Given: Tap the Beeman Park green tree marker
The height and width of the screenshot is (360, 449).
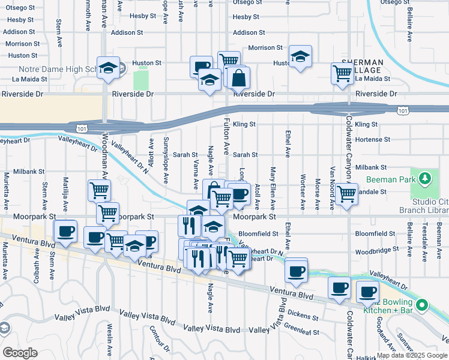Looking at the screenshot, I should pyautogui.click(x=425, y=178).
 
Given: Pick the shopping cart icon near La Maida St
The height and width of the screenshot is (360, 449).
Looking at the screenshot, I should pyautogui.click(x=342, y=74).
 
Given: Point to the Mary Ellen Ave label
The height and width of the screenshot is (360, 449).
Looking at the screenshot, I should pyautogui.click(x=273, y=188).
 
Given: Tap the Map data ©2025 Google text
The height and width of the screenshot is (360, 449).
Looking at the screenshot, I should pyautogui.click(x=411, y=355).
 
